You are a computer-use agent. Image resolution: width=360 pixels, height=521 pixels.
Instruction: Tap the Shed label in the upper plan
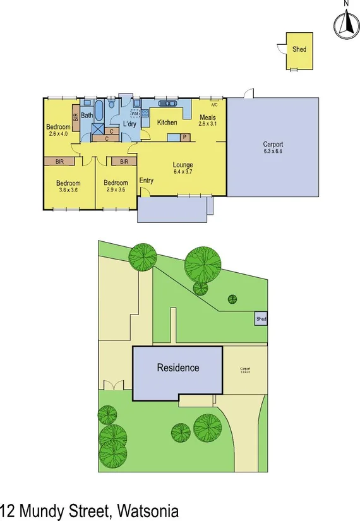[x=298, y=49]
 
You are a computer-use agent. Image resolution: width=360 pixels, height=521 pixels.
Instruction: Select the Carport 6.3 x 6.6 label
[x=273, y=148]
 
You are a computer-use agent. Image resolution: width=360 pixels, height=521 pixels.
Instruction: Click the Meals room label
[x=208, y=117]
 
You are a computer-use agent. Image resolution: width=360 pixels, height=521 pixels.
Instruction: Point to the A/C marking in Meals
[x=214, y=105]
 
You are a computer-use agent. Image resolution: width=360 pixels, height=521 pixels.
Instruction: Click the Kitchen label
[x=167, y=123]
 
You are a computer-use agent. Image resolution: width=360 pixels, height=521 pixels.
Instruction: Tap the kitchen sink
[x=168, y=104]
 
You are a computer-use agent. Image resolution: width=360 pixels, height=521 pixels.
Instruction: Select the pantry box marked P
[x=185, y=136]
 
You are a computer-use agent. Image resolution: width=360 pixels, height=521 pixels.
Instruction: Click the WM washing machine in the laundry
[x=135, y=113]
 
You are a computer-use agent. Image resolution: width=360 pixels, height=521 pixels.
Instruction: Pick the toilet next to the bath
[x=111, y=105]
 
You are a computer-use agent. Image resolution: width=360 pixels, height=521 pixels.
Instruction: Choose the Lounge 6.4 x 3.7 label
[x=183, y=167]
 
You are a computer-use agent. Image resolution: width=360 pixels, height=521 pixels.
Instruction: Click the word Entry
[x=146, y=181]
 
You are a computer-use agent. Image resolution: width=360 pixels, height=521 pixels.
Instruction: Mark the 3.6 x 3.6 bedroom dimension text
[x=68, y=189]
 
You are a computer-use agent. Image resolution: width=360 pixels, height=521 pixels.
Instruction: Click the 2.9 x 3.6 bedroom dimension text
[x=116, y=189]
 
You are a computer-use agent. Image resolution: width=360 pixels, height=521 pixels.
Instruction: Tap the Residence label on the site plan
[x=177, y=368]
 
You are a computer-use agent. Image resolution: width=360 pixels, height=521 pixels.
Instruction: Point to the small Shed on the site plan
[x=261, y=320]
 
